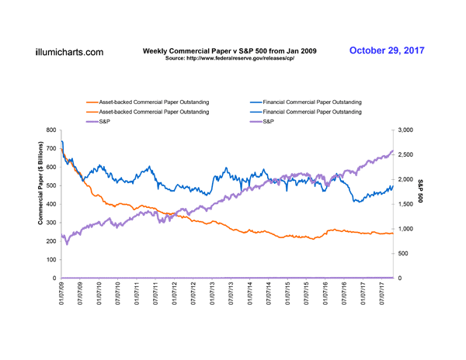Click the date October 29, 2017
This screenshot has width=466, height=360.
[x=386, y=50]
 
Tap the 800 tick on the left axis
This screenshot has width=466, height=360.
[x=50, y=130]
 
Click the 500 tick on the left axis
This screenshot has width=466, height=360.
[x=50, y=185]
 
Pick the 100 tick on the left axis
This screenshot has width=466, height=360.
[x=50, y=259]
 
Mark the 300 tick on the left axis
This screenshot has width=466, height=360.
[x=50, y=223]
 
